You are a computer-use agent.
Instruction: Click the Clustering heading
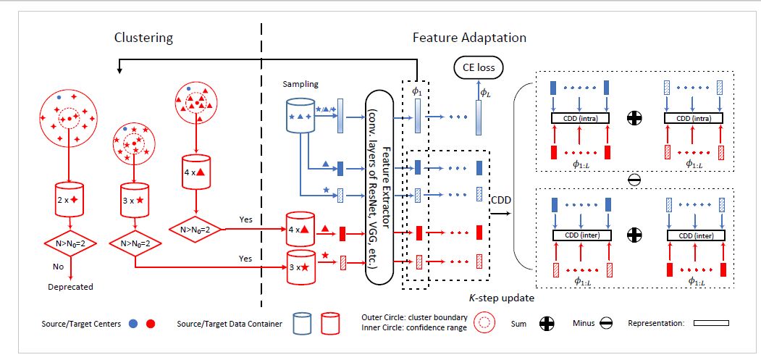143,38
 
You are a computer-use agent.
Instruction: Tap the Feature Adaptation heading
469,37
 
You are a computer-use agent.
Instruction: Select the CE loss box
479,67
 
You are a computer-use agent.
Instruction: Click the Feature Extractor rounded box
381,187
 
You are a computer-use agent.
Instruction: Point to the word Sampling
301,84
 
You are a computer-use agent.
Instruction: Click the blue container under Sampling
301,114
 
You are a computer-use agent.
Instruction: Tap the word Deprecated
70,287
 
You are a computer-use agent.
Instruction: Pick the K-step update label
501,298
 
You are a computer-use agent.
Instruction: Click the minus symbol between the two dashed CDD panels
634,179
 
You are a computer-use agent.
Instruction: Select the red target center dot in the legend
151,324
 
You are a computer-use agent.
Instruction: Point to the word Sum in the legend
518,323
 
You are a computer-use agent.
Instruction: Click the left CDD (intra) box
581,118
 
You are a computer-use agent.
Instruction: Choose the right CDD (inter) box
696,235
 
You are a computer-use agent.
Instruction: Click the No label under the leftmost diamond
58,267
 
